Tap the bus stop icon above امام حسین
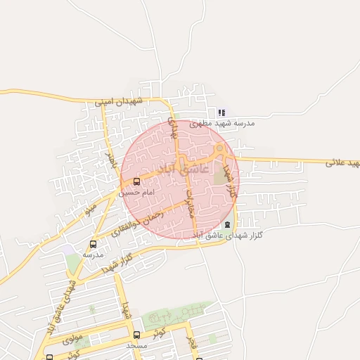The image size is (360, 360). coord(136,182)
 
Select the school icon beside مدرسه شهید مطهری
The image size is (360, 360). coord(221,112)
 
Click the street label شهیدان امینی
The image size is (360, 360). coord(119,102)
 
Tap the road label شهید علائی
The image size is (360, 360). coord(342,162)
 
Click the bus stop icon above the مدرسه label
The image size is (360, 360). coord(93,245)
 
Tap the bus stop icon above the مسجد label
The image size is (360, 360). coord(136,335)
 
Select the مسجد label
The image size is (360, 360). coord(136,345)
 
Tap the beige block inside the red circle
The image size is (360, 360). coord(221,174)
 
